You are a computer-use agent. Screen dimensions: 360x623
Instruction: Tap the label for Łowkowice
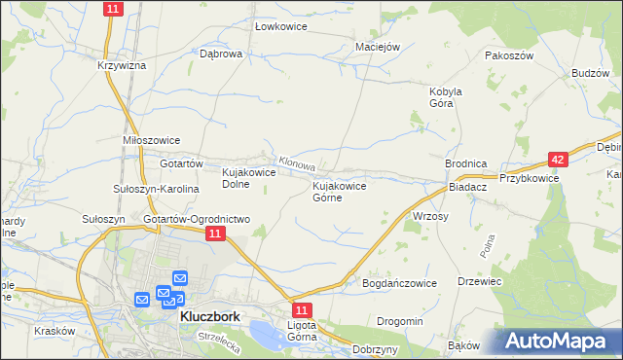(280, 27)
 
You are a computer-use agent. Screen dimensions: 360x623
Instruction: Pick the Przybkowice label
(529, 178)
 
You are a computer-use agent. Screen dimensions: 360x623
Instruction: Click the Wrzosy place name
(430, 216)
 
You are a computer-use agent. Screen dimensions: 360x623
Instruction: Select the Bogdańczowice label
(399, 282)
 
